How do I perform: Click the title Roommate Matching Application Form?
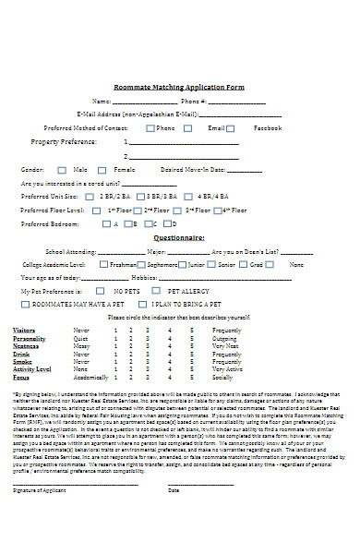coord(179,87)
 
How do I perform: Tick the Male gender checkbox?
coord(63,170)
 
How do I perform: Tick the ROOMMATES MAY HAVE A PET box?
coord(27,303)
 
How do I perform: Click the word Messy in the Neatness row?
coord(81,345)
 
